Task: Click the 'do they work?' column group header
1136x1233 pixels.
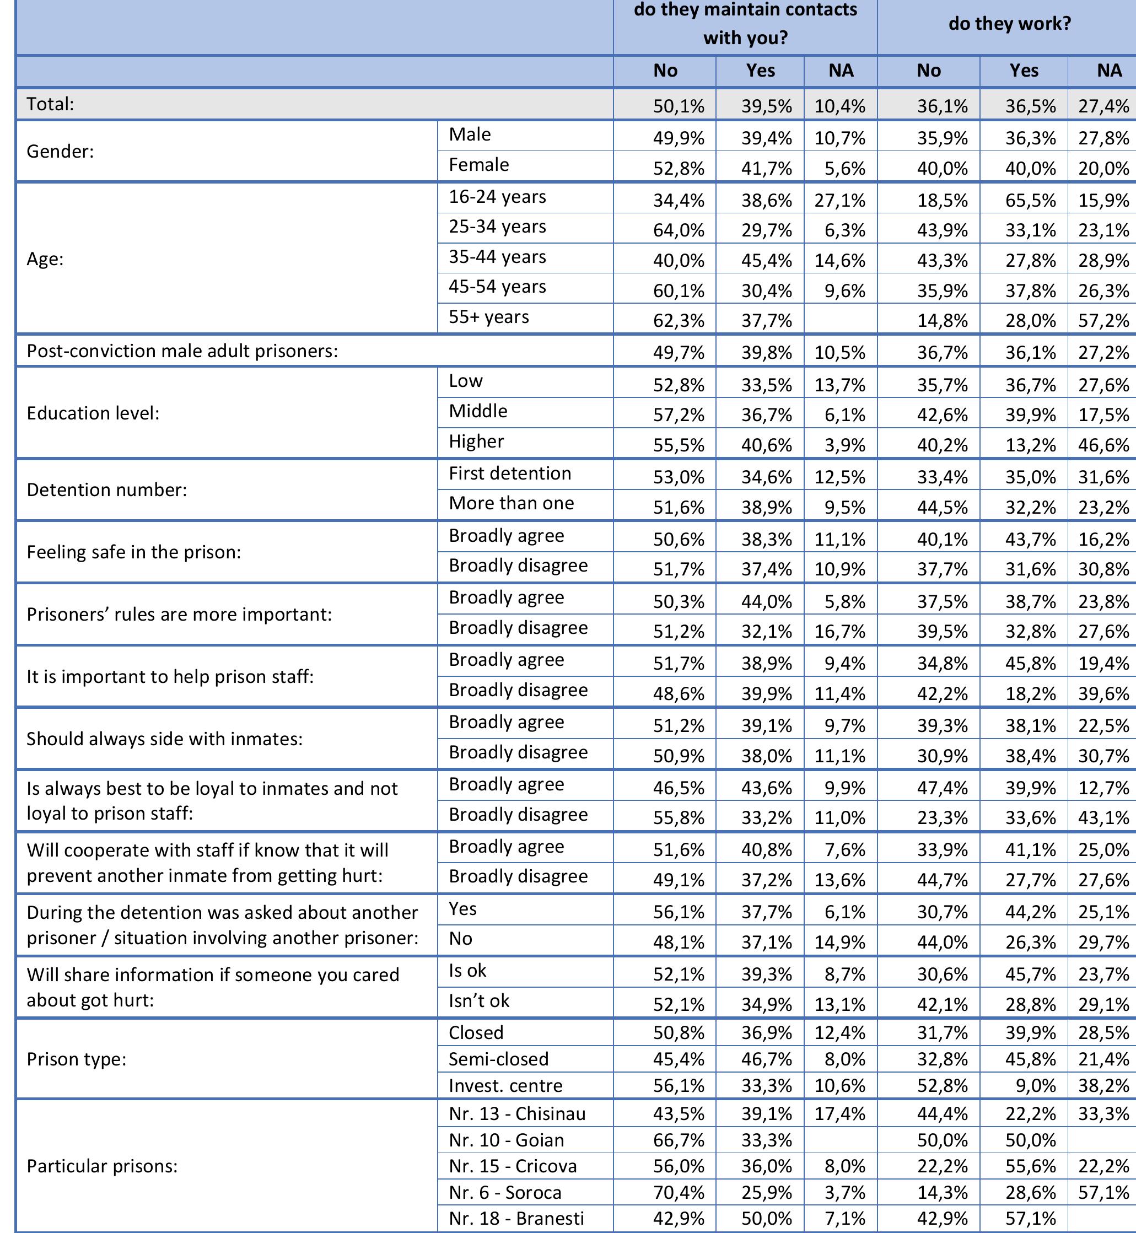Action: pyautogui.click(x=1009, y=24)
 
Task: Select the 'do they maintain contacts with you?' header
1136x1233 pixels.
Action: pyautogui.click(x=745, y=24)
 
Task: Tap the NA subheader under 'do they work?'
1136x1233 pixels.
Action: pyautogui.click(x=1109, y=71)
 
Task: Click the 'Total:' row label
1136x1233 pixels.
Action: pyautogui.click(x=50, y=104)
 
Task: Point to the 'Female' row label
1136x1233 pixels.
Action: pyautogui.click(x=479, y=165)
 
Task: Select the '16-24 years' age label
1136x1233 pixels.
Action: pyautogui.click(x=497, y=197)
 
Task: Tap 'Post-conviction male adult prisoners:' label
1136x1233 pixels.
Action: pyautogui.click(x=182, y=351)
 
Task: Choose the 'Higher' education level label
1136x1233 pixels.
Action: pyautogui.click(x=476, y=441)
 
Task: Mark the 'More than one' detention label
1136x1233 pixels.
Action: pyautogui.click(x=511, y=503)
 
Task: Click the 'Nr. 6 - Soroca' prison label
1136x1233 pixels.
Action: pyautogui.click(x=505, y=1192)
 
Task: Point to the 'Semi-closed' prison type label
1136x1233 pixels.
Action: pyautogui.click(x=498, y=1059)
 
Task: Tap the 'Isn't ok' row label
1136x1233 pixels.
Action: pyautogui.click(x=479, y=1000)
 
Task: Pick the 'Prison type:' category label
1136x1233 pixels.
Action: pyautogui.click(x=76, y=1059)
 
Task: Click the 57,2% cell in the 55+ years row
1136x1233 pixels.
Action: pyautogui.click(x=1103, y=320)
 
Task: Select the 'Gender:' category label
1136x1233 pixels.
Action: pyautogui.click(x=60, y=151)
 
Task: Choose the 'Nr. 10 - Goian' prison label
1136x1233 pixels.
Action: pyautogui.click(x=506, y=1140)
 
